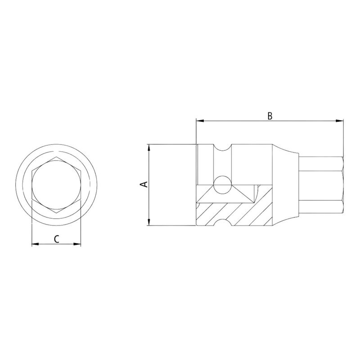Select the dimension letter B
[270, 115]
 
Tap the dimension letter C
[56, 238]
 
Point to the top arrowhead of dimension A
[148, 147]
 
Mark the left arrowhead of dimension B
[199, 121]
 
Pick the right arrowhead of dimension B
[340, 121]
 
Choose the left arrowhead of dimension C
[34, 244]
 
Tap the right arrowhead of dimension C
[78, 244]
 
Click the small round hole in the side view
[221, 183]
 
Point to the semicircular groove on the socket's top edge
[222, 148]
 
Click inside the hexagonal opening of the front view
[56, 185]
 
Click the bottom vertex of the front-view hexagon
[56, 211]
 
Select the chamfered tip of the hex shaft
[343, 184]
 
